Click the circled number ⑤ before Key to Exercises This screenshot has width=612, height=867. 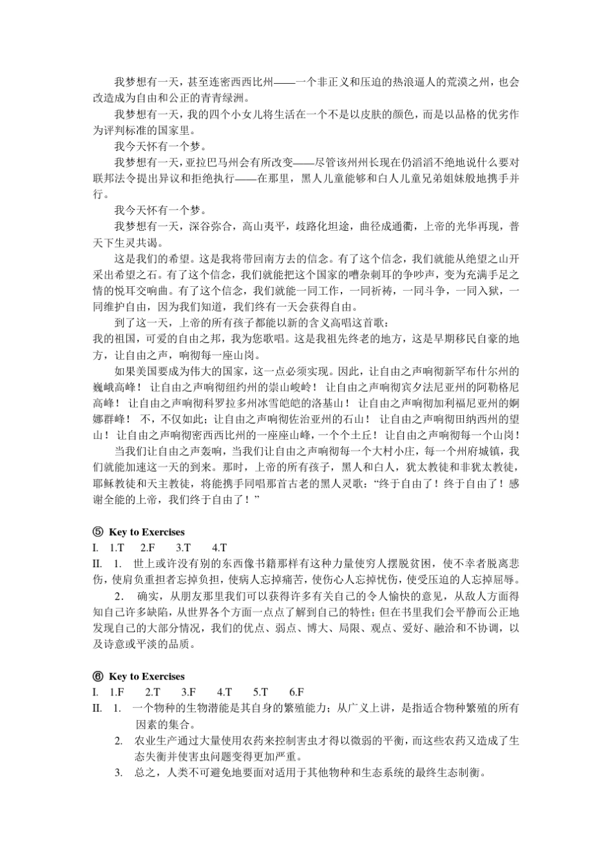click(98, 532)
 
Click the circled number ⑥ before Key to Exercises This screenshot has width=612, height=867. click(98, 676)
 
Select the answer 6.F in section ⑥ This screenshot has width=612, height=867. click(296, 692)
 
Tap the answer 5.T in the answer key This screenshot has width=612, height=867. click(260, 692)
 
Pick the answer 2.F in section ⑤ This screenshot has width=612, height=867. click(148, 548)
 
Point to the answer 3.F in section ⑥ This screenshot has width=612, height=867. click(188, 692)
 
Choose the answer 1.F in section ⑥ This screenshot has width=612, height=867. click(117, 692)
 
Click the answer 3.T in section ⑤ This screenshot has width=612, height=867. click(183, 548)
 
